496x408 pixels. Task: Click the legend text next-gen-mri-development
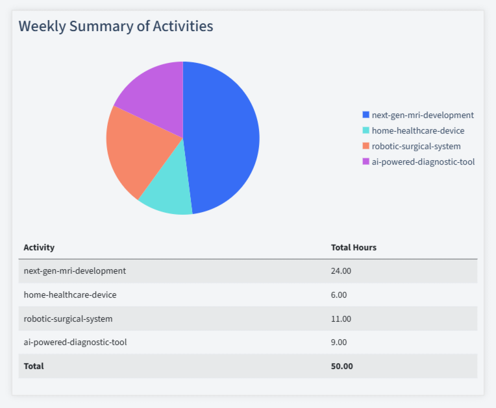click(x=423, y=115)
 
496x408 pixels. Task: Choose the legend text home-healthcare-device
click(x=418, y=131)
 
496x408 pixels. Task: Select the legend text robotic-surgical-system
click(x=416, y=147)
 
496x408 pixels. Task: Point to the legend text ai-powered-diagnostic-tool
click(x=423, y=162)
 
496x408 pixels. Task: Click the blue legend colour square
click(x=366, y=115)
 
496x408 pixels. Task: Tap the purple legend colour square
click(x=366, y=162)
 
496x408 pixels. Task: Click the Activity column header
click(x=39, y=248)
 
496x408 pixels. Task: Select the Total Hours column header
click(x=354, y=248)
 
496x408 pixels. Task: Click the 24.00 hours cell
click(x=341, y=271)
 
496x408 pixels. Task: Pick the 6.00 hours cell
click(x=339, y=295)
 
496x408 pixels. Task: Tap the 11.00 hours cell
click(x=341, y=319)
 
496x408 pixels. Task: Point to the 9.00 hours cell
click(x=339, y=342)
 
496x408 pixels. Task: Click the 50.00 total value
click(x=342, y=366)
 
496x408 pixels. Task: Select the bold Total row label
click(x=34, y=366)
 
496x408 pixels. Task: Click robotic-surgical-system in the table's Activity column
click(x=68, y=319)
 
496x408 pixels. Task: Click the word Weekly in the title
click(x=42, y=27)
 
